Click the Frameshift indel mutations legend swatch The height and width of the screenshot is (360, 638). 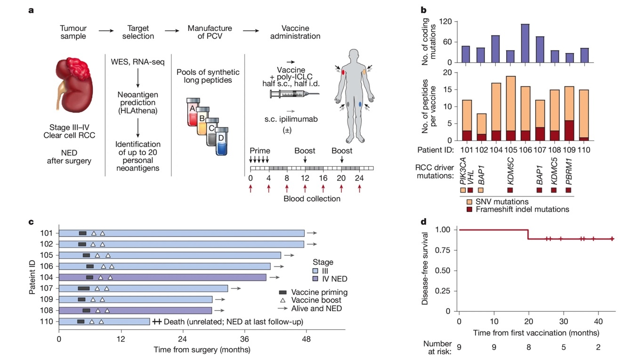pos(469,209)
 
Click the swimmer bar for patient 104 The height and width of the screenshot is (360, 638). pos(162,277)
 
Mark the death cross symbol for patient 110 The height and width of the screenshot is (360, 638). pos(157,321)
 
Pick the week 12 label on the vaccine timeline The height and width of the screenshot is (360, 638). pos(305,179)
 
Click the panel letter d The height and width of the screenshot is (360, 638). pos(423,220)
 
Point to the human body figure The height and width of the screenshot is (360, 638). pos(353,94)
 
